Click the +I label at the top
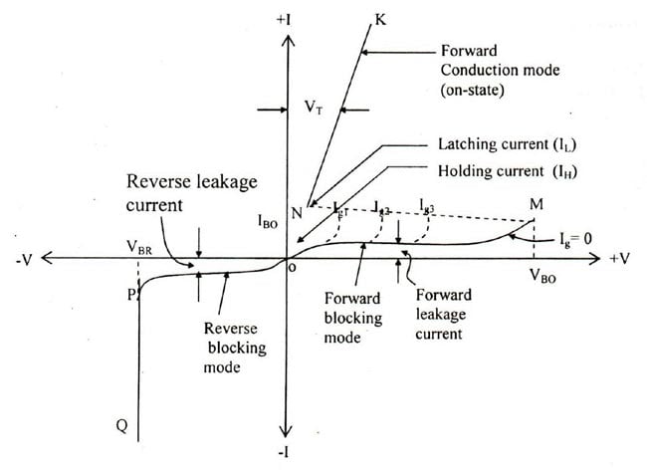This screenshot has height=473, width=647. tap(289, 19)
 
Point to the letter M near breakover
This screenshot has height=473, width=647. tap(537, 204)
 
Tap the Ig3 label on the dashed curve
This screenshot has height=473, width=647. tap(429, 209)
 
